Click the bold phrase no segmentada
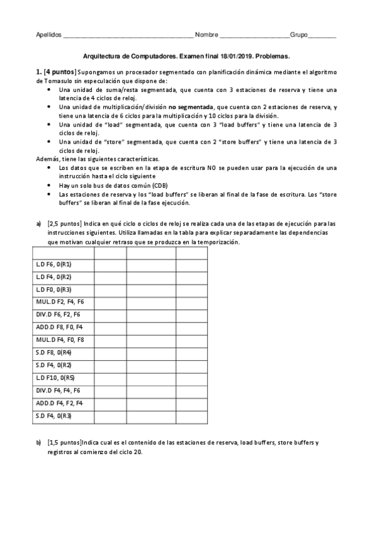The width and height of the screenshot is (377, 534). [x=191, y=107]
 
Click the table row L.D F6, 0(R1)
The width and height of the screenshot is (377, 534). [x=54, y=264]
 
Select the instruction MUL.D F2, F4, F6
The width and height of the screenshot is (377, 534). [x=60, y=302]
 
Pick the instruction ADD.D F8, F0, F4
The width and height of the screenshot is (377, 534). [x=60, y=327]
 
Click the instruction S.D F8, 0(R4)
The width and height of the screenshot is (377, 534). [x=54, y=353]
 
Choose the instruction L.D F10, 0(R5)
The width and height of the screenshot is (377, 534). [x=55, y=378]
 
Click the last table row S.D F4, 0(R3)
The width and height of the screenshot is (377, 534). [x=54, y=416]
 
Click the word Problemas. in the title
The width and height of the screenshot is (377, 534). [x=271, y=55]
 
